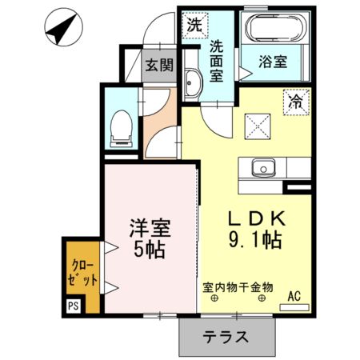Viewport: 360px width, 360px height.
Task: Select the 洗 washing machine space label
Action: click(x=194, y=25)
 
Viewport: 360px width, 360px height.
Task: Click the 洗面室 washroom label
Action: click(x=216, y=60)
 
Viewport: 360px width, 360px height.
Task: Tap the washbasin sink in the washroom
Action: click(x=192, y=83)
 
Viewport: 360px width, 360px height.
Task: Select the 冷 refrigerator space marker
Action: click(x=295, y=102)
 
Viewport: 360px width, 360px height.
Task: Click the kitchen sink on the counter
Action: click(x=263, y=169)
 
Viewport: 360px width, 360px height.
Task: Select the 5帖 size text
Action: click(x=148, y=250)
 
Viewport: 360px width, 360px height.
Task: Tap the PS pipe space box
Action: click(x=74, y=305)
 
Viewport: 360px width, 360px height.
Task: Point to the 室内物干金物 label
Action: click(x=238, y=285)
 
